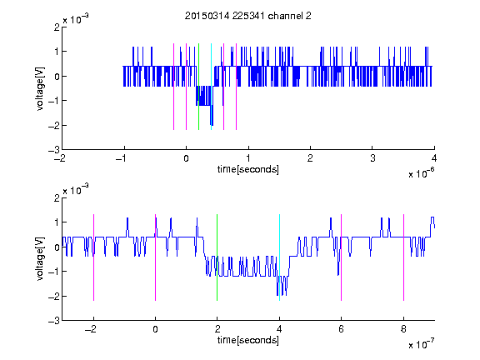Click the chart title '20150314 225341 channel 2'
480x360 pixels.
248,16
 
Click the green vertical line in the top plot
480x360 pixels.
198,87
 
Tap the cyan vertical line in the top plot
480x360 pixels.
211,87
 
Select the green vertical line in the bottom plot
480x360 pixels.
217,257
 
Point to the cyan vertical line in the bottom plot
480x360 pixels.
279,257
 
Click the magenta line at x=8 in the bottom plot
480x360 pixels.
404,257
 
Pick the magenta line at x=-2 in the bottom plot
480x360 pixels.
93,257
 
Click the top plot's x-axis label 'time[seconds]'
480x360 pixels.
248,169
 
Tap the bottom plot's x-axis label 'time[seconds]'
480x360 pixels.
248,340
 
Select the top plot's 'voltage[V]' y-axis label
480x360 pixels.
40,89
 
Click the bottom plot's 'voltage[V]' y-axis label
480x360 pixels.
40,259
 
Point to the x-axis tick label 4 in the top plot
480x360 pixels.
434,158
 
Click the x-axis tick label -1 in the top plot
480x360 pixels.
122,158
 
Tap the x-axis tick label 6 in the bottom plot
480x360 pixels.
342,329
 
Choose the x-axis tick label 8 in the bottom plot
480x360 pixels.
404,329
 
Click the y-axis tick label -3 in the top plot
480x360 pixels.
54,150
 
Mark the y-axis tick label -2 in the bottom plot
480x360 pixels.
54,297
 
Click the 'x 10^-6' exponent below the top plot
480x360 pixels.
421,173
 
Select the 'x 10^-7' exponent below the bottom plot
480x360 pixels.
421,344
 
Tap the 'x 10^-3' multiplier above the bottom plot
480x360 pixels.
76,190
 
